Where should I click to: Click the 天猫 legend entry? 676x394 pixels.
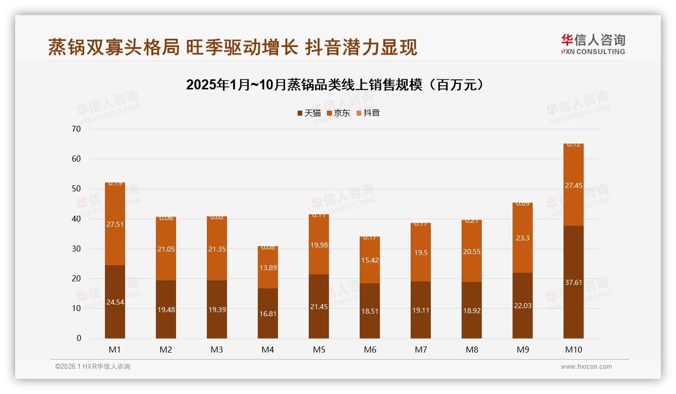click(x=309, y=113)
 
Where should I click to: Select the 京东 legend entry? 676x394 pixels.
click(x=338, y=113)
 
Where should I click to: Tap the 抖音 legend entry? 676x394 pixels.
click(x=368, y=113)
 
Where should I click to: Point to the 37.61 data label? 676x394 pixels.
click(x=574, y=282)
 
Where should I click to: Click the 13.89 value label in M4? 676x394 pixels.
click(x=268, y=268)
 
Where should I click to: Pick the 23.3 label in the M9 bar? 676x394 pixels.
click(x=523, y=238)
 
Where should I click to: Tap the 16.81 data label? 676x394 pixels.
click(x=268, y=314)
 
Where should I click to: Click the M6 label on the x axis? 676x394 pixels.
click(x=370, y=350)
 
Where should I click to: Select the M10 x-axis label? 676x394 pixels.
click(x=574, y=350)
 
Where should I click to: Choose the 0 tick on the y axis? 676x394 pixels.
click(x=79, y=338)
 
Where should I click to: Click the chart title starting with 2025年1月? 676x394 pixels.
click(x=336, y=85)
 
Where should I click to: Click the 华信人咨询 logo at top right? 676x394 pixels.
click(x=593, y=44)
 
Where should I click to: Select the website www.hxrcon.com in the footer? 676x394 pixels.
click(x=586, y=367)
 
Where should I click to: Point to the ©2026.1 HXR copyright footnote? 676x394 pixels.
click(x=93, y=367)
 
